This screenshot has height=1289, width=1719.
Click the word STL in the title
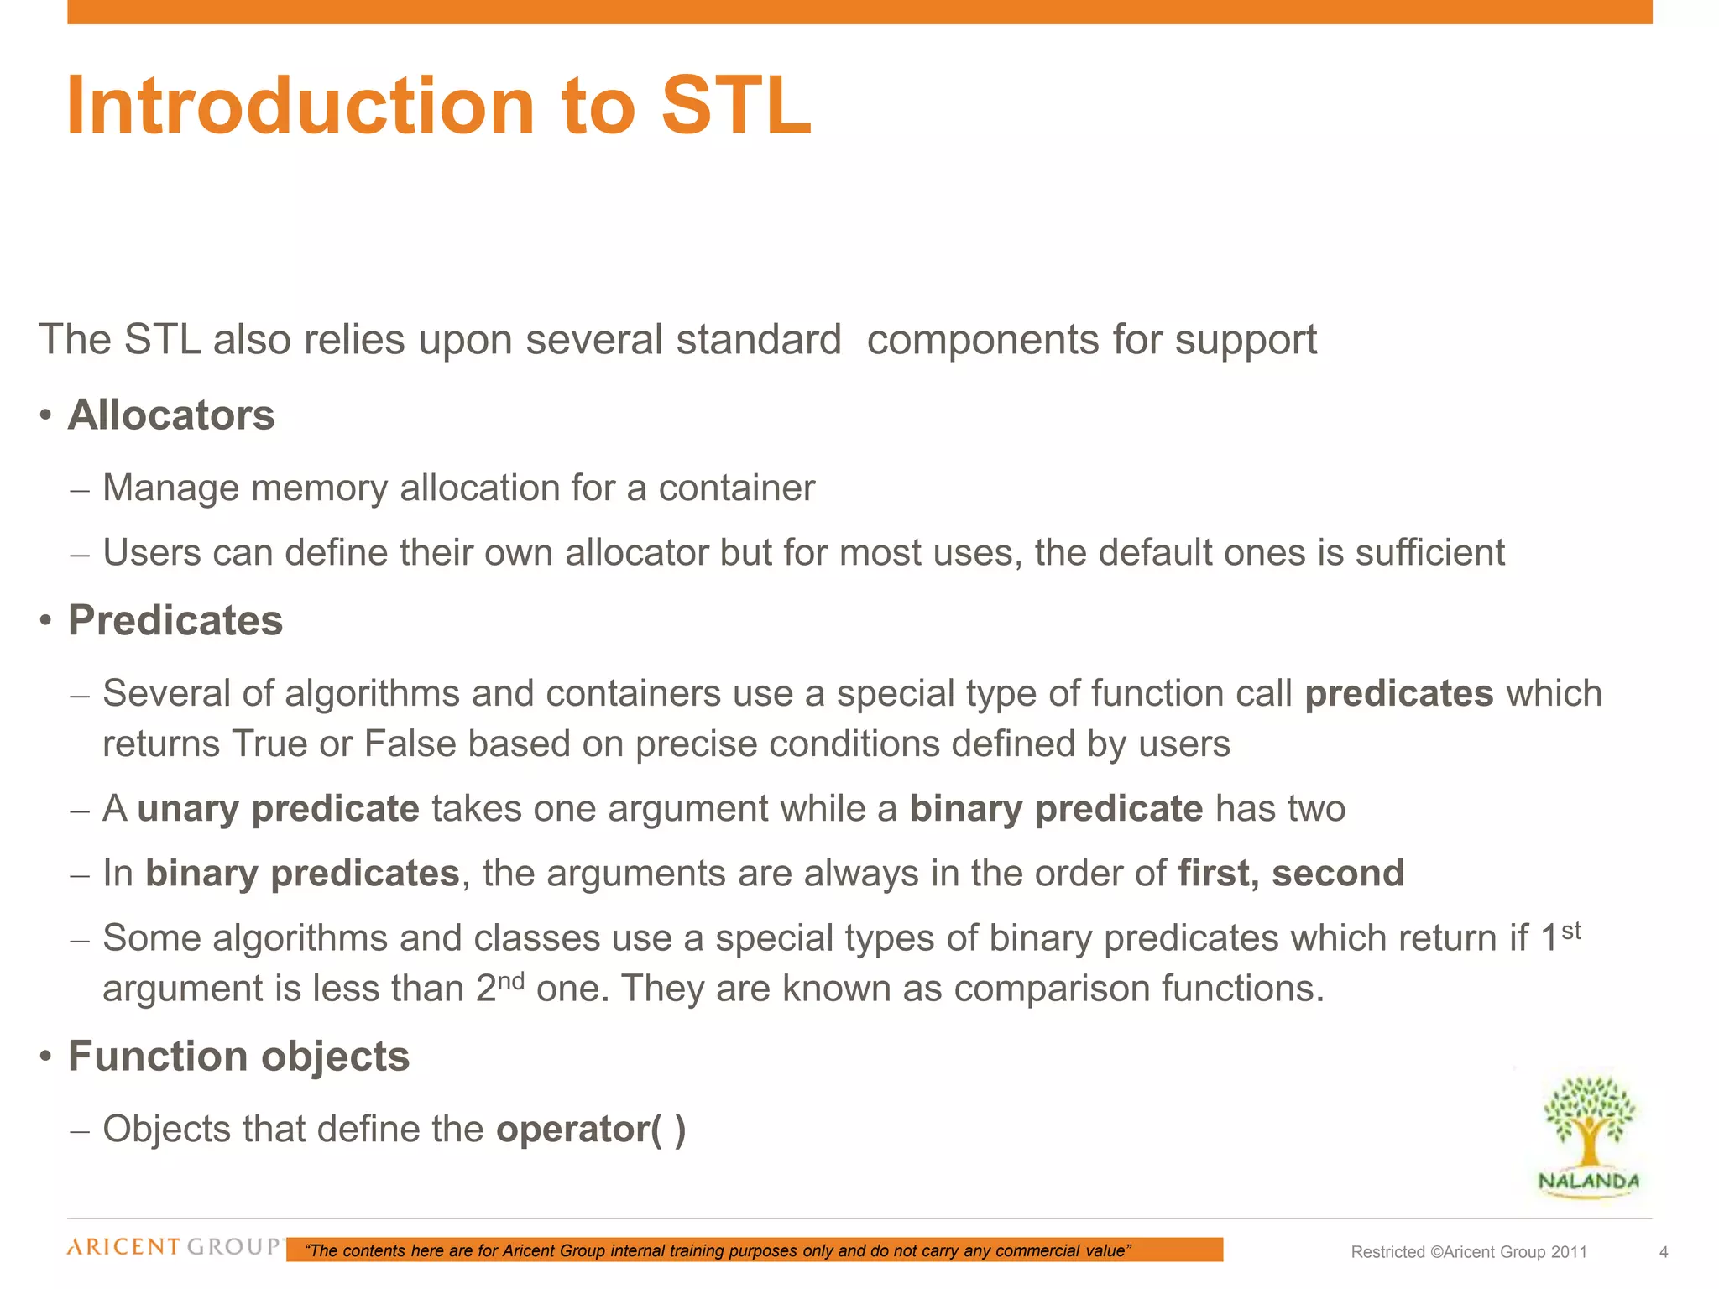tap(736, 107)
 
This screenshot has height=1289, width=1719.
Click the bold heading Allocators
tap(171, 415)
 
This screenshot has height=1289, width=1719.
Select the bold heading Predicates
tap(175, 621)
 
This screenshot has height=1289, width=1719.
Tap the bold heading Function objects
tap(238, 1057)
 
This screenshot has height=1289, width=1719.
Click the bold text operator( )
tap(591, 1130)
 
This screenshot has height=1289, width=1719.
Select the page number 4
tap(1664, 1253)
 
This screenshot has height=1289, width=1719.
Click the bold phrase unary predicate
tap(278, 809)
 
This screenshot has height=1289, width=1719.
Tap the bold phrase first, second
tap(1290, 874)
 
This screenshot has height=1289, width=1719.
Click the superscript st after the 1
tap(1571, 931)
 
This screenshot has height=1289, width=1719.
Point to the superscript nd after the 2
tap(511, 981)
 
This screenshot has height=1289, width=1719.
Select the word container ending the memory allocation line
tap(736, 488)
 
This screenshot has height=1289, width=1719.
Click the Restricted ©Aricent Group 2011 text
tap(1469, 1253)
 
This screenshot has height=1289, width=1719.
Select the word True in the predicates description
tap(269, 744)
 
